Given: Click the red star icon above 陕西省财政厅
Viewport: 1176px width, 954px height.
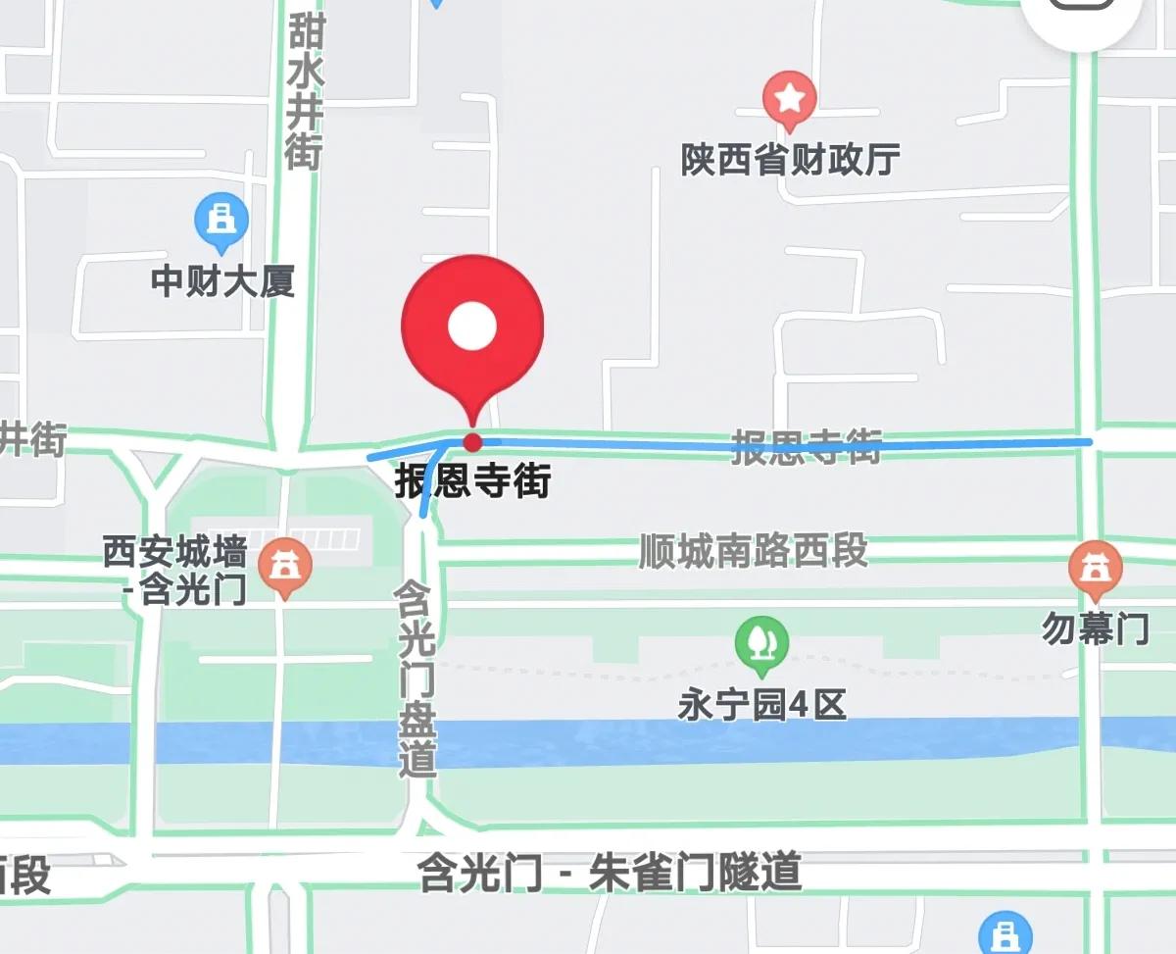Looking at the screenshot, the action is (790, 98).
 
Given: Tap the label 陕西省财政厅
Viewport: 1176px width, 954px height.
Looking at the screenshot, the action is (790, 160).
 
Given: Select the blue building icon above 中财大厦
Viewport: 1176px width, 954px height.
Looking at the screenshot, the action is (221, 220).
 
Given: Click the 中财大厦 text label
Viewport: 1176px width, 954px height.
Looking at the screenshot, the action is (222, 282).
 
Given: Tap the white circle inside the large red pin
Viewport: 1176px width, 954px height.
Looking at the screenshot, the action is (472, 326).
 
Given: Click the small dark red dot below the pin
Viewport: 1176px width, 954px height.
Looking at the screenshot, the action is (472, 441).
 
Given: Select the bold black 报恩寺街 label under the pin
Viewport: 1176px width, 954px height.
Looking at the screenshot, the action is (472, 481).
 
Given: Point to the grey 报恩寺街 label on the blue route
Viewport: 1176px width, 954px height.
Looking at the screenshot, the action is (807, 447).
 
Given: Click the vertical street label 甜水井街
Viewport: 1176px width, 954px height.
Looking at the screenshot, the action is (305, 85).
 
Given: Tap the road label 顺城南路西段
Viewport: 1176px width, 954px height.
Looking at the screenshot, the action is (753, 551).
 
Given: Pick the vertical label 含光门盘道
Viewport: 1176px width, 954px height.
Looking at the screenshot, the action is (416, 677).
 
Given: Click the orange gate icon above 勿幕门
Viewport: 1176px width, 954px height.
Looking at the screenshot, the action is (1094, 569).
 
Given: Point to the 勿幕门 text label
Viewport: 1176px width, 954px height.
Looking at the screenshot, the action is (1094, 629).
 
